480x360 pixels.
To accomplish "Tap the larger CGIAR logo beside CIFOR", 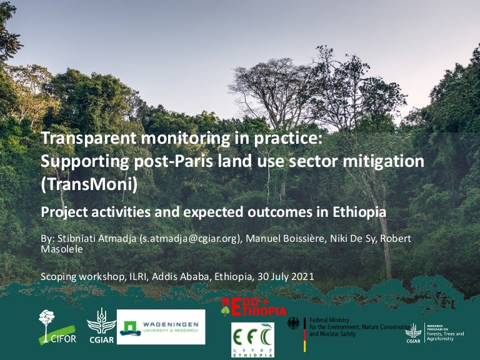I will click(101, 326).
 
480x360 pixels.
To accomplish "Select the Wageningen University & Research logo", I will click(161, 327).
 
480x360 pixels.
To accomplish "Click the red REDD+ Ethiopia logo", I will click(254, 307).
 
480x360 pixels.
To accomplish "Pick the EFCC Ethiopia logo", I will click(252, 340).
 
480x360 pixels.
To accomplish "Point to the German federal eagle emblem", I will click(293, 324).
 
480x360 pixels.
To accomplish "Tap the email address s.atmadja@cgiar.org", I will click(192, 239).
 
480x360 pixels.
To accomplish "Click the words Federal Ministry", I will click(331, 320).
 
